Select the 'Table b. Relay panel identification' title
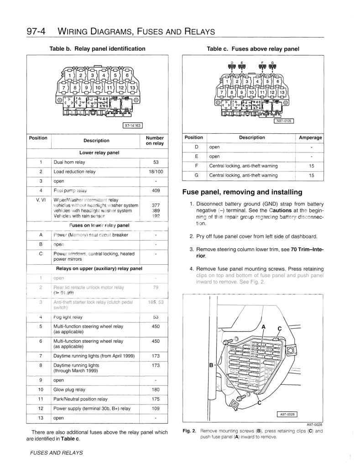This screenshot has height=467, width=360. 97,49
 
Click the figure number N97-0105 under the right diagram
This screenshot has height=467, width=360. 283,121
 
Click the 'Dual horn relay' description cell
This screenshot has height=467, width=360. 69,162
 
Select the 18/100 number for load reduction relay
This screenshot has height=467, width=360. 156,172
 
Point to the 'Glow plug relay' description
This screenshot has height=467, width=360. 69,390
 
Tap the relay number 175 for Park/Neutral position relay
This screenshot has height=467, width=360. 156,399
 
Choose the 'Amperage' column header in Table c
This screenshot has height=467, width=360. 310,138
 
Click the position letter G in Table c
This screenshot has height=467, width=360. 196,175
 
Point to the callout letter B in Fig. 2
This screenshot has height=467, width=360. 211,366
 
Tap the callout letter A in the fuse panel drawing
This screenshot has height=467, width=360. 263,327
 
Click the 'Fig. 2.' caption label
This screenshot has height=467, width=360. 189,431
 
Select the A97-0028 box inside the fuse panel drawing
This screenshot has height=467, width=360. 287,415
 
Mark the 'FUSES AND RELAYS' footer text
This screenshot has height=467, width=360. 56,453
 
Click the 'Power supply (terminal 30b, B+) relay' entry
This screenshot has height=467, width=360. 92,409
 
